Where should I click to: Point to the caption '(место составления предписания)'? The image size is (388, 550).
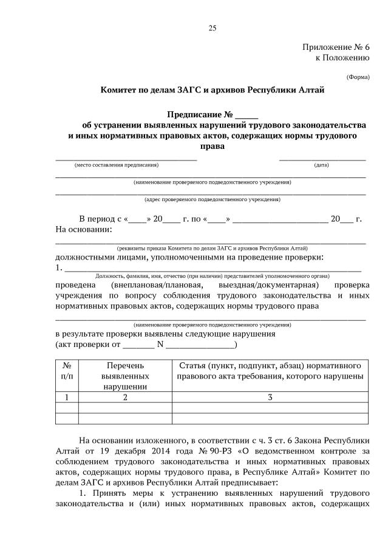[x=117, y=165]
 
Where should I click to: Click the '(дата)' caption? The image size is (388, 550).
[x=321, y=165]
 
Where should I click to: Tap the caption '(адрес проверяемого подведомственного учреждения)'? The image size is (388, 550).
[x=212, y=199]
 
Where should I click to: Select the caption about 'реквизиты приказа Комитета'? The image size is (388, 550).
[x=212, y=249]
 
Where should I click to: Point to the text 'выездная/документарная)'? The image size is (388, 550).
[x=272, y=284]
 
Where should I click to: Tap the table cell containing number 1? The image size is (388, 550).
[x=67, y=397]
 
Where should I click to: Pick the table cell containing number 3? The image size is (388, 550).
[x=270, y=397]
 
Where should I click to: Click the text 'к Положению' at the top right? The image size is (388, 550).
[x=342, y=58]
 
